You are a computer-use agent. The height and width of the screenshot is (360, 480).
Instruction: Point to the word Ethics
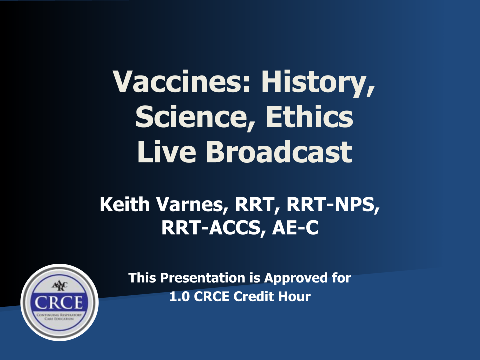pos(309,116)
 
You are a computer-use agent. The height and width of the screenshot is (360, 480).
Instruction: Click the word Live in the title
pos(167,152)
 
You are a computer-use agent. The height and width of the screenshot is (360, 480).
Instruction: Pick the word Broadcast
pos(279,152)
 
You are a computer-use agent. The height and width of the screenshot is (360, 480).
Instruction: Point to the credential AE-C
pos(295,228)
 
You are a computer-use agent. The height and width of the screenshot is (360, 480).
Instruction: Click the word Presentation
pos(202,278)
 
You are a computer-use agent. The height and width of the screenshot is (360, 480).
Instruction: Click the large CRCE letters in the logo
pos(59,302)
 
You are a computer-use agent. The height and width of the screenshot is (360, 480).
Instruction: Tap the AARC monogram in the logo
pos(59,286)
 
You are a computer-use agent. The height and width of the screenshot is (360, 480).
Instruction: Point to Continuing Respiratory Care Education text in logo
pos(59,317)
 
